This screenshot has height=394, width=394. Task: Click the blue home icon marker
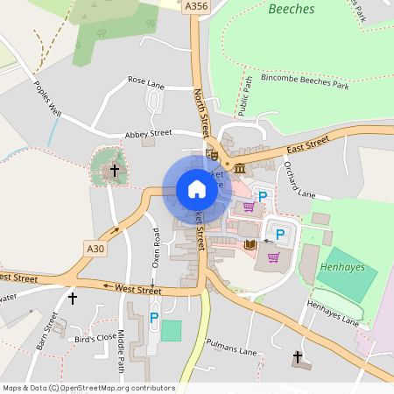point(197,188)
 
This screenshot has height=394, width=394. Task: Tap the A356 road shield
point(196,6)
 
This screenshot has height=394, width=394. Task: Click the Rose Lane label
point(146,81)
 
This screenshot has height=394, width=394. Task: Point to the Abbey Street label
point(148,134)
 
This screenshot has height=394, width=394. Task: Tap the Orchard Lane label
point(299,180)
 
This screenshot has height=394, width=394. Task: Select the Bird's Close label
point(95,337)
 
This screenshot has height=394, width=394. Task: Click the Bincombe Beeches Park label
point(298,87)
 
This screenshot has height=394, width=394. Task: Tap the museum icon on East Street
point(238,166)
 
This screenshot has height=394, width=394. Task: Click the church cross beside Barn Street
point(72,299)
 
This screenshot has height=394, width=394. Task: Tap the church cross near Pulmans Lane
point(298,357)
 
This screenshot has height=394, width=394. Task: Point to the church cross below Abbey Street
point(113,170)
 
